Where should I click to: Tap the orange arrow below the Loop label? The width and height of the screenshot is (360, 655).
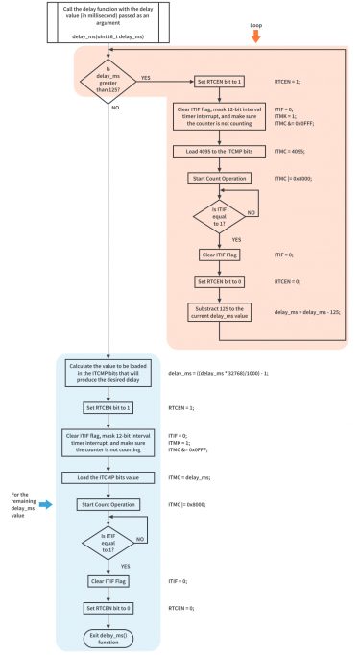pyautogui.click(x=255, y=36)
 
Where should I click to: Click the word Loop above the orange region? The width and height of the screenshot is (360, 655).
pyautogui.click(x=255, y=22)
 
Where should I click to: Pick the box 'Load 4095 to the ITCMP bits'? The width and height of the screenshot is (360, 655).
pyautogui.click(x=215, y=152)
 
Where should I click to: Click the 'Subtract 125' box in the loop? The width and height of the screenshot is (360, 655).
pyautogui.click(x=215, y=312)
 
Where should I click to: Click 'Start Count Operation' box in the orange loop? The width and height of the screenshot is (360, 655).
pyautogui.click(x=215, y=179)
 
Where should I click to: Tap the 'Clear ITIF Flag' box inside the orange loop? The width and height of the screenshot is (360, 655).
pyautogui.click(x=215, y=255)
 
